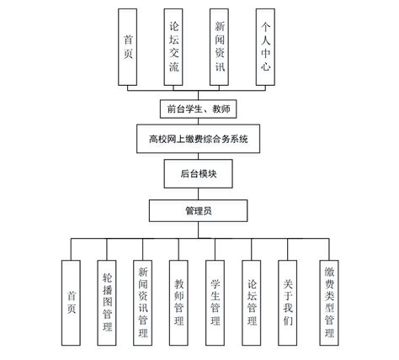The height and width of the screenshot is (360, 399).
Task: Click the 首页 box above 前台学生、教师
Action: coord(128,48)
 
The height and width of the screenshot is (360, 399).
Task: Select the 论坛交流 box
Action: coord(173,48)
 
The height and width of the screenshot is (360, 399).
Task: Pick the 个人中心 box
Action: coord(266,48)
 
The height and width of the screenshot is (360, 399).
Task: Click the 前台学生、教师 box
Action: coord(199,108)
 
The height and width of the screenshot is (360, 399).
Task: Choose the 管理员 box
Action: coord(199,209)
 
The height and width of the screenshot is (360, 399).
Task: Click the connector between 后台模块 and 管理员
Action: coord(199,193)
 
